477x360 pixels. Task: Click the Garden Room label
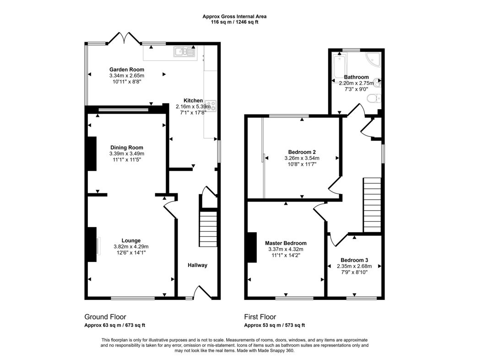[x=126, y=70]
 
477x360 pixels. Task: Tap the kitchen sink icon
[x=184, y=52]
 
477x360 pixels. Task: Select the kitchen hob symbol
[x=211, y=106]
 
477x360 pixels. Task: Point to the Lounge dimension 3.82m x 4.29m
[x=131, y=246]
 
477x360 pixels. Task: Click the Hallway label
[x=197, y=265]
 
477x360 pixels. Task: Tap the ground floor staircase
[x=208, y=229]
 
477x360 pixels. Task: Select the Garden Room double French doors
[x=124, y=38]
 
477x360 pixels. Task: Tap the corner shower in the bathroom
[x=373, y=60]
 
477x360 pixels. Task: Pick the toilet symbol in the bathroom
[x=374, y=98]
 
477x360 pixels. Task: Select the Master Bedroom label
[x=286, y=243]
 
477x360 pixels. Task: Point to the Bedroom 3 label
[x=354, y=260]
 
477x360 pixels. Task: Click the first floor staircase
[x=372, y=205]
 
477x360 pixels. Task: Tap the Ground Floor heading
[x=105, y=317]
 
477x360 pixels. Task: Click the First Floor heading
[x=260, y=317]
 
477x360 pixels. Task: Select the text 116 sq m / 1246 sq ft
[x=234, y=22]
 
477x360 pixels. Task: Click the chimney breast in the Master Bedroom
[x=252, y=247]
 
